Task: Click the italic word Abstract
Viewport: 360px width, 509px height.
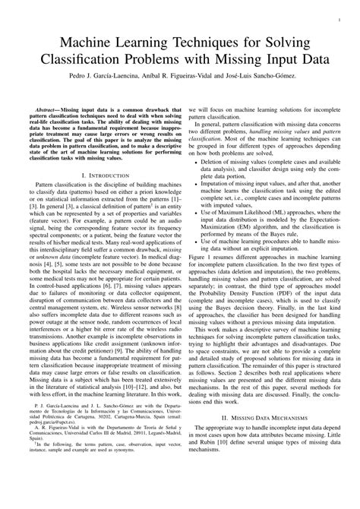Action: [x=47, y=110]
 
